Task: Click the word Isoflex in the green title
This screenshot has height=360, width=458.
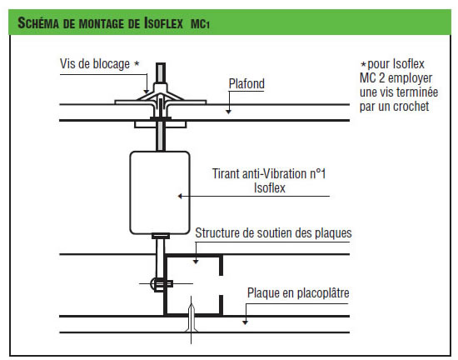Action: [x=163, y=22]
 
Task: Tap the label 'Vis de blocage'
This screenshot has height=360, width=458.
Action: [x=95, y=64]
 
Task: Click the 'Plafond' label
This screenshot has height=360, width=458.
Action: [x=246, y=83]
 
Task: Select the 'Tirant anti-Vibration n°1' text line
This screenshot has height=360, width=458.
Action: [x=269, y=173]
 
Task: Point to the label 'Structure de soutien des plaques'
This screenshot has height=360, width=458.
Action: [x=273, y=232]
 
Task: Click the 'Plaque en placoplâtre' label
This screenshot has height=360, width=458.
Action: [x=298, y=292]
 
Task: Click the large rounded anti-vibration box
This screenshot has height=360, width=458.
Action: [x=160, y=192]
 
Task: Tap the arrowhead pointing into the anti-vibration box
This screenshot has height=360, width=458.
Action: [x=180, y=196]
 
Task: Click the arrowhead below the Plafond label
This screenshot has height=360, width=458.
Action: [x=229, y=112]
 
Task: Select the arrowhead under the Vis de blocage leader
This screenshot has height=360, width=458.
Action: [x=147, y=92]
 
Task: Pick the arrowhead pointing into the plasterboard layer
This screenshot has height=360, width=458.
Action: [x=246, y=322]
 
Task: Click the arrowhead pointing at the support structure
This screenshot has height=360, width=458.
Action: [x=196, y=262]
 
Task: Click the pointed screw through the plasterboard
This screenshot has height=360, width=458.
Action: [x=191, y=318]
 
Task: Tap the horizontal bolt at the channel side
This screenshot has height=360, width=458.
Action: [x=162, y=283]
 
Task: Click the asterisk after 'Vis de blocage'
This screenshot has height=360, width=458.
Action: [x=137, y=62]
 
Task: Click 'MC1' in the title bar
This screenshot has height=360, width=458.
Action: [x=200, y=24]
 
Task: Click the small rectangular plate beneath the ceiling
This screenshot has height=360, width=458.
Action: [x=161, y=124]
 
